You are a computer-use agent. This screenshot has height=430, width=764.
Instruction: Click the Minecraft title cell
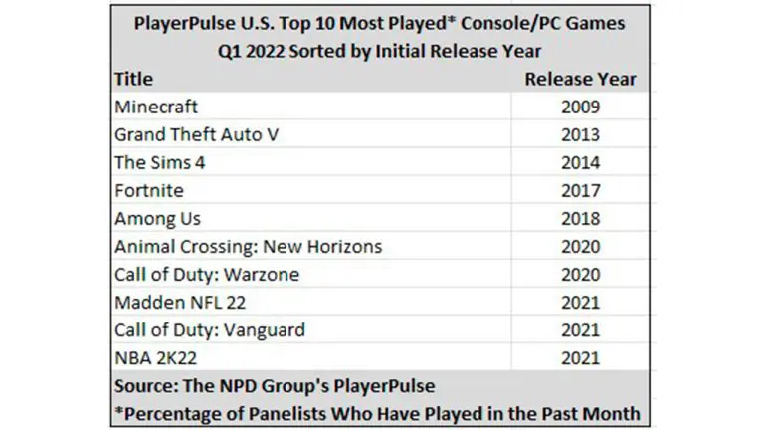(157, 107)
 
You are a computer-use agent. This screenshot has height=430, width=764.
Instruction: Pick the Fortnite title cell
(149, 190)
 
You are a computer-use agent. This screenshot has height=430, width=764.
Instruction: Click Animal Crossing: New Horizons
(249, 246)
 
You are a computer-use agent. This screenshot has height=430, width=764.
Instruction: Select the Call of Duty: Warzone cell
(207, 274)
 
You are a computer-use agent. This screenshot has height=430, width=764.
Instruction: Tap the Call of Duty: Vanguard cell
(210, 329)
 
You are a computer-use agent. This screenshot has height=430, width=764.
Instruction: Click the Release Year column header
(581, 79)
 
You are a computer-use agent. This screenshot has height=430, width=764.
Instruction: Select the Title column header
(133, 79)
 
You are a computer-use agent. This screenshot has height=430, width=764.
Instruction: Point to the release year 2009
(581, 107)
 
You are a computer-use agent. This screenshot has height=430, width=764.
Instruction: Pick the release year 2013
(581, 134)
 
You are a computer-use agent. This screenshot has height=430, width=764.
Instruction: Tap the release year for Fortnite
(581, 190)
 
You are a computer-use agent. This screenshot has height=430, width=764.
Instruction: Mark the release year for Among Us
(581, 218)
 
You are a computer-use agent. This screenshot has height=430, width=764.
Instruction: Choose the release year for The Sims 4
(581, 162)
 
